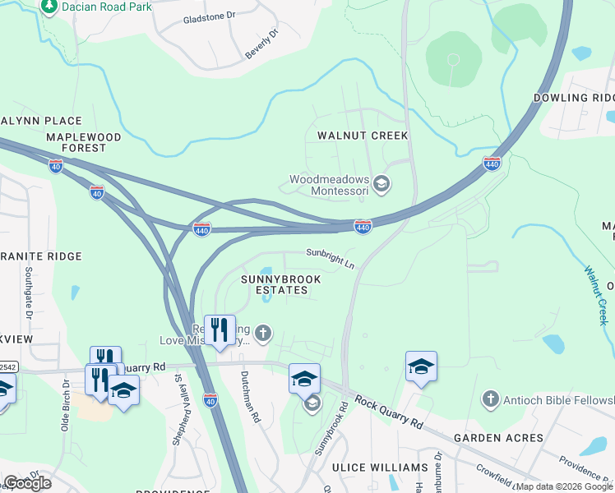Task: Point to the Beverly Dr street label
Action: pos(261,44)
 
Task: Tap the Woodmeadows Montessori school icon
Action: pos(381,183)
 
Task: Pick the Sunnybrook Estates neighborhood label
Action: pos(280,284)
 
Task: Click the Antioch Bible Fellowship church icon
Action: pos(490,399)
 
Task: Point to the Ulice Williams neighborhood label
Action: pos(380,468)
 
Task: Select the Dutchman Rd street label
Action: pos(250,397)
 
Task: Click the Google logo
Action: pos(27,483)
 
